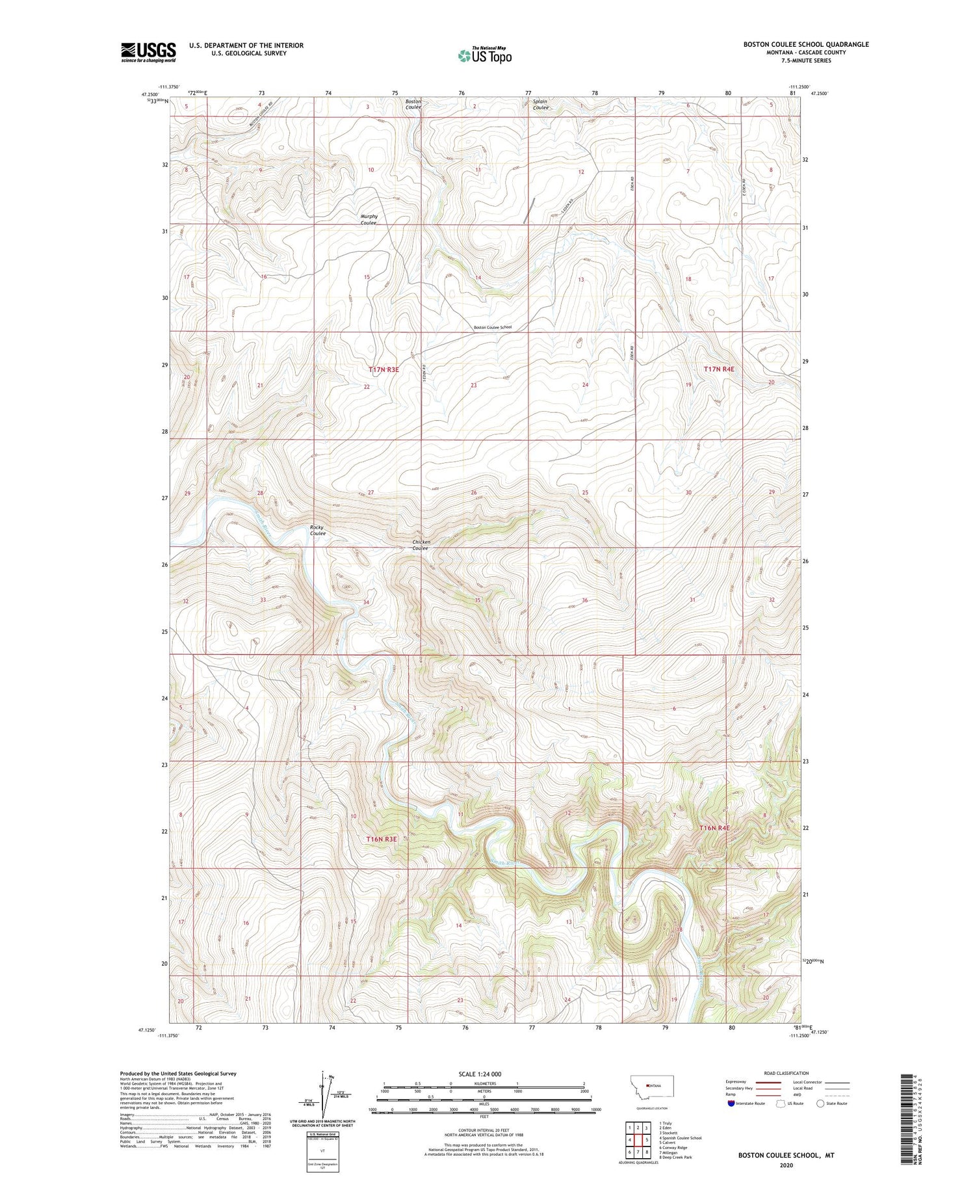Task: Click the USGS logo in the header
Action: (x=148, y=52)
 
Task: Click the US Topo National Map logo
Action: (x=485, y=55)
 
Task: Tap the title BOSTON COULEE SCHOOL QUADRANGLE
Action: (x=806, y=44)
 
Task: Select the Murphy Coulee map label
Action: (x=369, y=220)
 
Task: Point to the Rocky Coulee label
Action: (x=317, y=530)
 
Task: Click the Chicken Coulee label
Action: (x=421, y=545)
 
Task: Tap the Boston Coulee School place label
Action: (x=492, y=327)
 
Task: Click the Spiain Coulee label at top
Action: (x=541, y=104)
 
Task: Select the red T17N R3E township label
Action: (x=383, y=369)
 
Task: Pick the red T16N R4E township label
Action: (x=715, y=828)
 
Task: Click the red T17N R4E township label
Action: (x=718, y=369)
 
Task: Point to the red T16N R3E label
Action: (x=381, y=839)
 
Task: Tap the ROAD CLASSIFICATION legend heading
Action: (x=786, y=1073)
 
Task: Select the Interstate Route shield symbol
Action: (x=731, y=1104)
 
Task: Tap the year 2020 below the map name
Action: (x=785, y=1165)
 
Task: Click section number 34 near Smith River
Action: (x=366, y=602)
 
